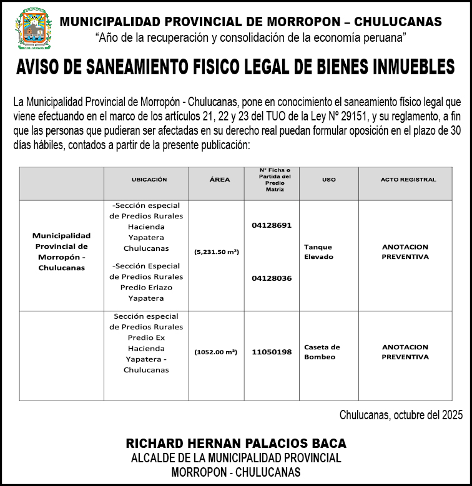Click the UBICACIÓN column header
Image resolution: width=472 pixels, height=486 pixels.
pyautogui.click(x=149, y=180)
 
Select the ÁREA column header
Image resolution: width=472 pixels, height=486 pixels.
pyautogui.click(x=219, y=180)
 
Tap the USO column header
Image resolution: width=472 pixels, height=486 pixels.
pyautogui.click(x=328, y=180)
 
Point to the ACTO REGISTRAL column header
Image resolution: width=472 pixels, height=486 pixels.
pyautogui.click(x=408, y=180)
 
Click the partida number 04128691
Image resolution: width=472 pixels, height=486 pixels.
pyautogui.click(x=272, y=225)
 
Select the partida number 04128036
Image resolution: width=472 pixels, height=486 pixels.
pyautogui.click(x=272, y=278)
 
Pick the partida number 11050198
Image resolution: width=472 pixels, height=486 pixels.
pyautogui.click(x=272, y=352)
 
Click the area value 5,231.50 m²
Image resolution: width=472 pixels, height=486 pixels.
pyautogui.click(x=217, y=252)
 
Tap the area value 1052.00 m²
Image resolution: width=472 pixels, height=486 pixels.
pyautogui.click(x=216, y=352)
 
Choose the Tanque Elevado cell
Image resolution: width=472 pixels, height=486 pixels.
pyautogui.click(x=319, y=252)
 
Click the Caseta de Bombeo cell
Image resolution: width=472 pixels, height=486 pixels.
pyautogui.click(x=322, y=352)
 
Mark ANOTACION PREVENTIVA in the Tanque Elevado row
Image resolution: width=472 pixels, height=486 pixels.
pyautogui.click(x=405, y=251)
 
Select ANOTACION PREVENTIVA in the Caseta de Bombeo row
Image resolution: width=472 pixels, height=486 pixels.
pyautogui.click(x=405, y=352)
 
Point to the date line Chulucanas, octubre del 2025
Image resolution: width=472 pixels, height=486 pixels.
pyautogui.click(x=401, y=415)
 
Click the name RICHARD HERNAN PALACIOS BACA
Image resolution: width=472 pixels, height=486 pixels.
pyautogui.click(x=236, y=444)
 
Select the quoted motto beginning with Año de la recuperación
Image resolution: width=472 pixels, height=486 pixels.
pyautogui.click(x=250, y=37)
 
